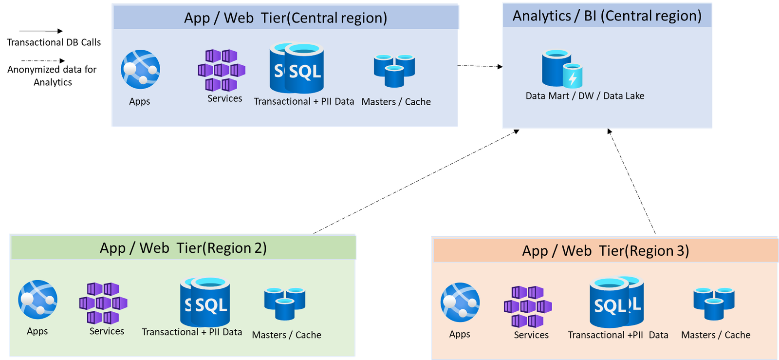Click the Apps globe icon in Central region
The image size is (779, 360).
coord(140,70)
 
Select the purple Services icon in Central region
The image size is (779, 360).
coord(222,70)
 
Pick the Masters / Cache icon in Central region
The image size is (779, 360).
coord(394,71)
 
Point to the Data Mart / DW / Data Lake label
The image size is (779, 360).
coord(585,96)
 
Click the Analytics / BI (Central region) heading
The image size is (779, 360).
coord(607,16)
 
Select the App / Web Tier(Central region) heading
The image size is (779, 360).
coord(285,18)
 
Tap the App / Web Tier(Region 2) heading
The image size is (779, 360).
coord(183,248)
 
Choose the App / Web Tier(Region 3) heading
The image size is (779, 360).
coord(605,251)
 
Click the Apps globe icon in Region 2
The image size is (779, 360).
coord(37,300)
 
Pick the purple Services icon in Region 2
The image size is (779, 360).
coord(103,303)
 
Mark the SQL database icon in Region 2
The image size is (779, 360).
coord(205,302)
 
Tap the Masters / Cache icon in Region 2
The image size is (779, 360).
coord(285,303)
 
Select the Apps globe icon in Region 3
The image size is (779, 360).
coord(460,303)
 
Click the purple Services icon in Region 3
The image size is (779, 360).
coord(528,306)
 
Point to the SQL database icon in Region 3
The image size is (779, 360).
coord(616,302)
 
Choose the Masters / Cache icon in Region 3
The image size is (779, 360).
coord(714,303)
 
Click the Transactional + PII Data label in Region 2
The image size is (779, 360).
coord(192,332)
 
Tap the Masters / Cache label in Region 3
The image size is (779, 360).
coord(716,335)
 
